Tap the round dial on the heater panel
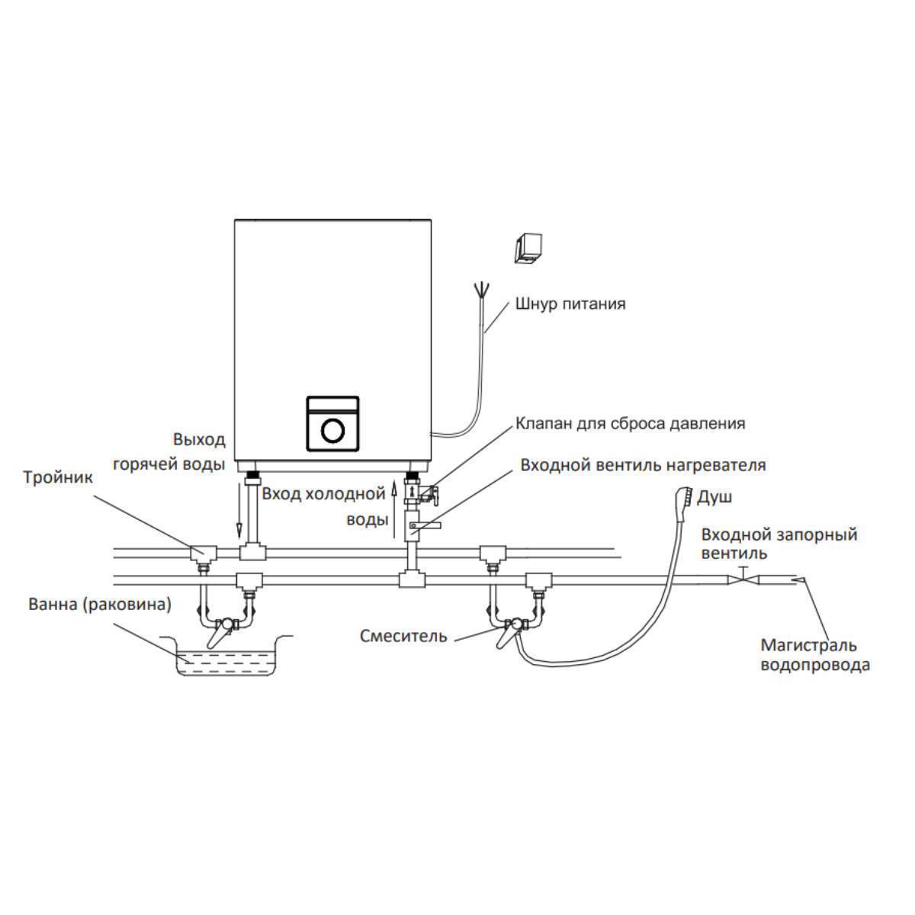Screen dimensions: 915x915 click(333, 431)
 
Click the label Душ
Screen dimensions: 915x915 click(715, 497)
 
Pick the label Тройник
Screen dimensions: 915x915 click(58, 478)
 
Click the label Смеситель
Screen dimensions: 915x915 click(404, 636)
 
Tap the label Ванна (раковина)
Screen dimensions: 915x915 click(100, 605)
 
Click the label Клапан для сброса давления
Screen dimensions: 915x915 click(630, 423)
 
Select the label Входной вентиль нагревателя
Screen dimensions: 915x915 click(643, 464)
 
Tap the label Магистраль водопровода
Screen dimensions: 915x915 click(815, 655)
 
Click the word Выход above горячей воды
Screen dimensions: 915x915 click(199, 440)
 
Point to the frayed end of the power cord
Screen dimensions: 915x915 click(481, 291)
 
